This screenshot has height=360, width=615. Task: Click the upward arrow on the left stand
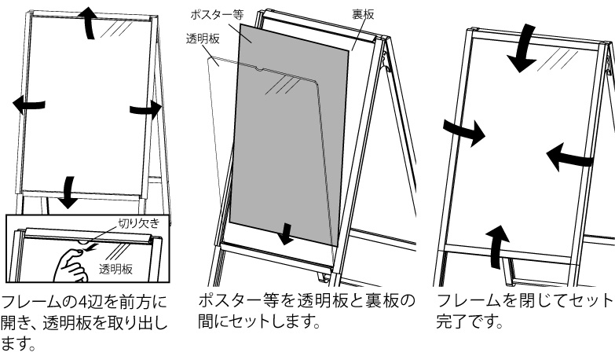[x=90, y=23]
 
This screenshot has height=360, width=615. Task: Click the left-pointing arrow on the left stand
[x=28, y=105]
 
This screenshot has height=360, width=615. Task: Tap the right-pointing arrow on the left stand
[x=146, y=109]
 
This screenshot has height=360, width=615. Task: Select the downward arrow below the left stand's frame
[x=68, y=193]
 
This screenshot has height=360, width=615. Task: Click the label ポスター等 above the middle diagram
[x=218, y=14]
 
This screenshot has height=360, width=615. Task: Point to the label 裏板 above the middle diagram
[x=363, y=14]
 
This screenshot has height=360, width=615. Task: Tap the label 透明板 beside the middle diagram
[x=203, y=39]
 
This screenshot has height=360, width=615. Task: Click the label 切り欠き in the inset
[x=139, y=223]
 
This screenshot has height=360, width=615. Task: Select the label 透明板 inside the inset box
[x=115, y=269]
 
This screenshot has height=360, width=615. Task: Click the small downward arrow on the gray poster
[x=286, y=234]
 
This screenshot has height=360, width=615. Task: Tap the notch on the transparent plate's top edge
[x=259, y=70]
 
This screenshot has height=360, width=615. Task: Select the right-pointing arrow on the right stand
[x=465, y=133]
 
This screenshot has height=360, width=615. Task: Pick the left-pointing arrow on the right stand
[x=569, y=157]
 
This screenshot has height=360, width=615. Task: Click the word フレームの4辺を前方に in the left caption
[x=84, y=302]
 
